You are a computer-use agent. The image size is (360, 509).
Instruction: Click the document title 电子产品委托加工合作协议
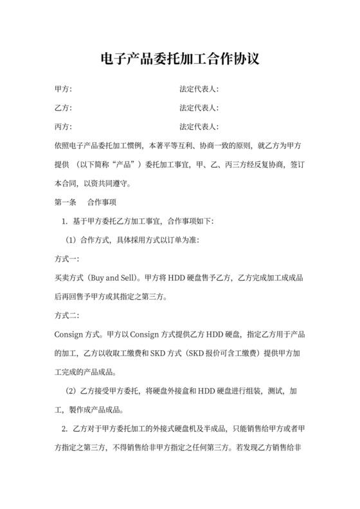pos(180,61)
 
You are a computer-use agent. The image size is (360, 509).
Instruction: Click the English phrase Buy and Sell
pos(118,278)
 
